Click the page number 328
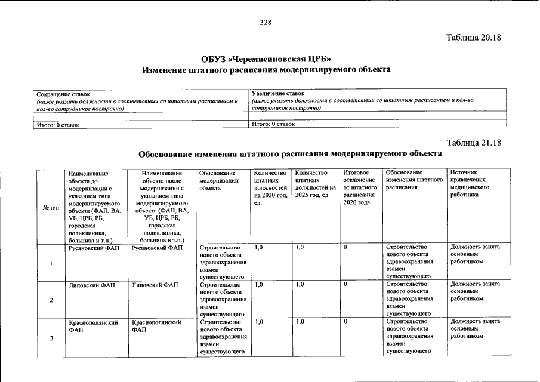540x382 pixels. [266, 23]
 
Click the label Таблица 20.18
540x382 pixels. [474, 38]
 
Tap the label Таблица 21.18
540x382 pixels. [474, 143]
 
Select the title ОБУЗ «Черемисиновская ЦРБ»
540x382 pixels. [266, 58]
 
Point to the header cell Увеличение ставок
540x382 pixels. [278, 93]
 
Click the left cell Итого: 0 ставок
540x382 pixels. [58, 125]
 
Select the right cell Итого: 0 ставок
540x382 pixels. [273, 124]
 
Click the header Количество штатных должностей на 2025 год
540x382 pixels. [315, 184]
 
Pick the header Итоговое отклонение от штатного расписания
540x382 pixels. [359, 187]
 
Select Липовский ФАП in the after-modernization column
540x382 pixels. [155, 285]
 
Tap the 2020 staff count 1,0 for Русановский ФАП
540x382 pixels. [258, 247]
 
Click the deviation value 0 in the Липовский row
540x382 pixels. [346, 285]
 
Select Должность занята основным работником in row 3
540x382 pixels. [475, 328]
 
